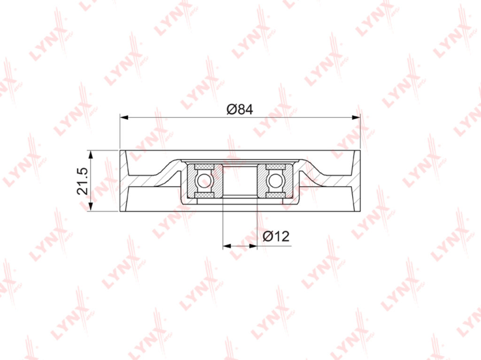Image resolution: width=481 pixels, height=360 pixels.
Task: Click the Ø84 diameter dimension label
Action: click(240, 109)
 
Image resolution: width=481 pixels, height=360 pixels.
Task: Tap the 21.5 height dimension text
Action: click(83, 181)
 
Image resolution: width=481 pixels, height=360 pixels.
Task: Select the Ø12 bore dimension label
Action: click(276, 237)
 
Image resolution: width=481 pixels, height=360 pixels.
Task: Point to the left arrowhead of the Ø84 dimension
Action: click(124, 117)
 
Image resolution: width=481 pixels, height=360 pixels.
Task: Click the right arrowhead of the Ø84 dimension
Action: click(357, 117)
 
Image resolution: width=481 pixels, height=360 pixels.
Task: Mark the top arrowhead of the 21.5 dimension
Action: click(90, 154)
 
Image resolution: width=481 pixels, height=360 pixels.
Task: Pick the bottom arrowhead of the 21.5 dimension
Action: click(90, 207)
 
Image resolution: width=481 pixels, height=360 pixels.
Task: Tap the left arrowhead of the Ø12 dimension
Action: click(227, 245)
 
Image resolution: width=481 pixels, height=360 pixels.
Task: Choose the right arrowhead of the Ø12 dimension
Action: click(252, 245)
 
